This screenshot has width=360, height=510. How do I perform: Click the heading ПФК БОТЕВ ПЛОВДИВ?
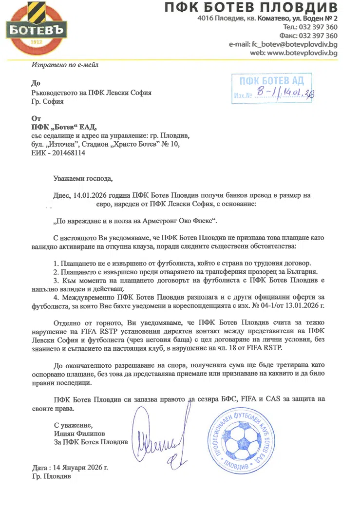(251, 8)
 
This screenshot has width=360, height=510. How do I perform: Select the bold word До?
(36, 83)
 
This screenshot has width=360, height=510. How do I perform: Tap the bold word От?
(36, 118)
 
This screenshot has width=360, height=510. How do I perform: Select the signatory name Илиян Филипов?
(79, 433)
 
